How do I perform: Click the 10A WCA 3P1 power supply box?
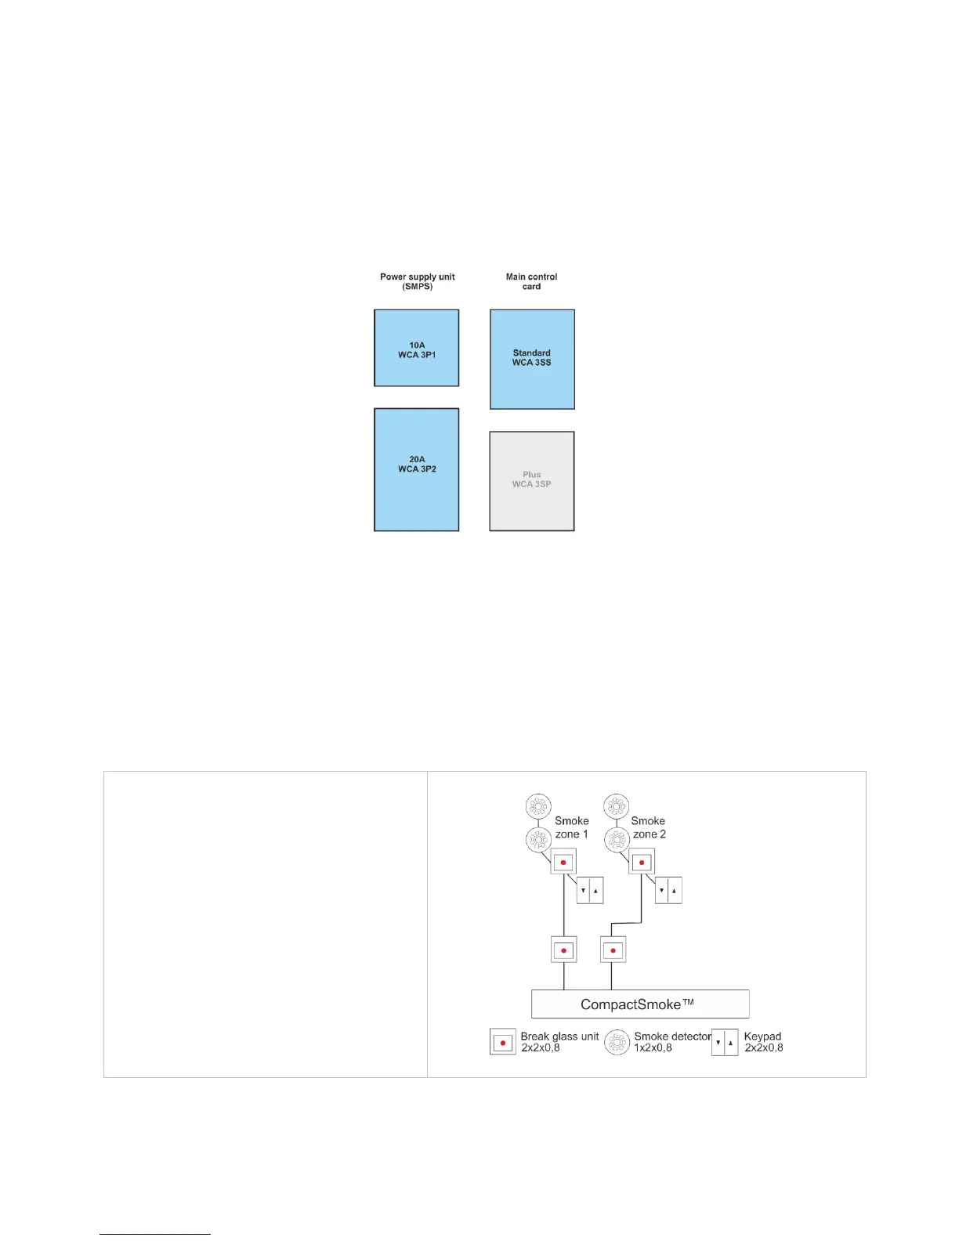click(x=416, y=348)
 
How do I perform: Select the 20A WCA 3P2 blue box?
click(x=416, y=469)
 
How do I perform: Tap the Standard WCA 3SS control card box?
click(x=532, y=359)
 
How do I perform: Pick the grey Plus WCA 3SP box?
click(x=532, y=481)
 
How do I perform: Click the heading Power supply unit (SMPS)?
click(x=417, y=281)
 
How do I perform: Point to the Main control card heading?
click(x=531, y=281)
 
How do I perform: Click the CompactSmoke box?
click(x=639, y=1004)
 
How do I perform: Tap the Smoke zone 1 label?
click(x=572, y=827)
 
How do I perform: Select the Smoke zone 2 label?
click(x=649, y=827)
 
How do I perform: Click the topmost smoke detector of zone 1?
click(x=537, y=806)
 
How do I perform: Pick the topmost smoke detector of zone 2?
click(x=617, y=806)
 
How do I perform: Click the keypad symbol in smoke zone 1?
click(x=590, y=891)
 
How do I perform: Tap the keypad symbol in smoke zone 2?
click(x=668, y=891)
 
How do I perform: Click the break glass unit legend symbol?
click(x=503, y=1042)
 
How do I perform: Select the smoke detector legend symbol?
click(x=617, y=1042)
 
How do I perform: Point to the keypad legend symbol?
click(x=725, y=1042)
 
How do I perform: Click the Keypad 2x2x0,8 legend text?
click(x=763, y=1042)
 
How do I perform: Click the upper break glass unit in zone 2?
click(x=642, y=863)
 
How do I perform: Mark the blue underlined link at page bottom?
click(x=155, y=1234)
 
